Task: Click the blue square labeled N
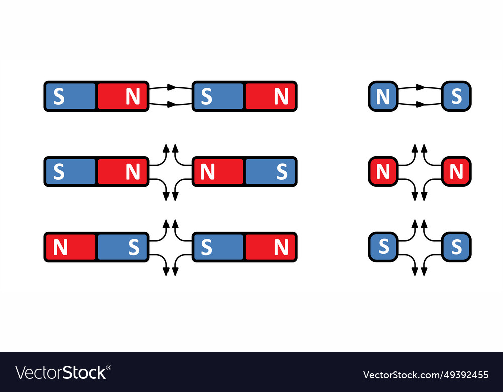[383, 96]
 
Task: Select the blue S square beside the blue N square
[456, 96]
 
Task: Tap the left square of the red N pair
[383, 171]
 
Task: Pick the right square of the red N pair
[456, 171]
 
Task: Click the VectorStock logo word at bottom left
[60, 372]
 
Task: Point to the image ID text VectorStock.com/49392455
[426, 375]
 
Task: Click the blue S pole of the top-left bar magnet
[70, 96]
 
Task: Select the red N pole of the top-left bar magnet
[122, 96]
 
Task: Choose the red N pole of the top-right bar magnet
[270, 96]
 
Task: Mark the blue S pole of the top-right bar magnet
[218, 96]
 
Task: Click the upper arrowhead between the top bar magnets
[172, 87]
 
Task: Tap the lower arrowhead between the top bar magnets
[172, 105]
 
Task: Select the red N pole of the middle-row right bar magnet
[218, 171]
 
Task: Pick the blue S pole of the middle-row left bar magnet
[70, 171]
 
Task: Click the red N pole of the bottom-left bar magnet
[70, 247]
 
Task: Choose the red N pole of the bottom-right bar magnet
[270, 247]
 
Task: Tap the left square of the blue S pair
[383, 247]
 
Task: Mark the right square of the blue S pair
[456, 247]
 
